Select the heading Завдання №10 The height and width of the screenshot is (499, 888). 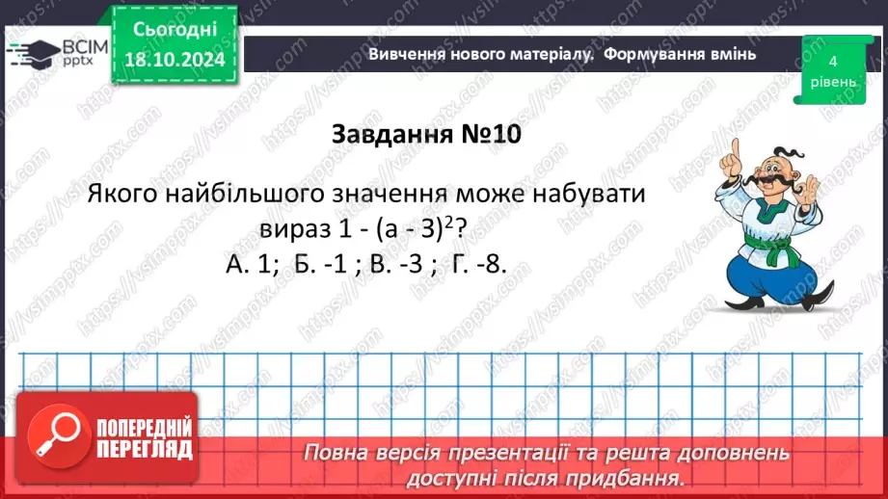(x=425, y=134)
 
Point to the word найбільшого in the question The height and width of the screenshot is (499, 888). (x=275, y=193)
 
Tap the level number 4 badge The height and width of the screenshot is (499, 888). (x=830, y=67)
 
